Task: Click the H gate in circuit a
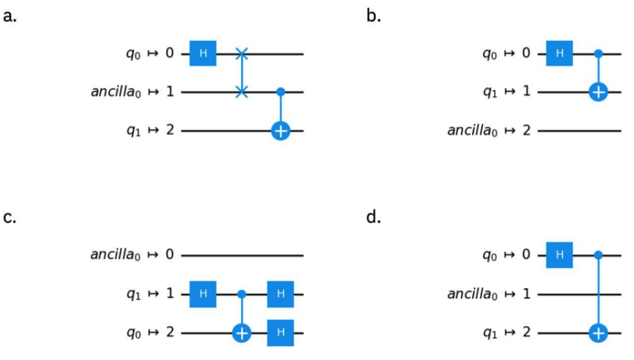tap(203, 54)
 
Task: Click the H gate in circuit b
tap(559, 54)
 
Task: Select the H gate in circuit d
tap(559, 255)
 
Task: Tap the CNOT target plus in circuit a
tap(280, 131)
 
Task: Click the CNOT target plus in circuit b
tap(599, 92)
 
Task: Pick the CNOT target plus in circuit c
tap(242, 333)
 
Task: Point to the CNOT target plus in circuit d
tap(599, 333)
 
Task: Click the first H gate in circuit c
tap(203, 295)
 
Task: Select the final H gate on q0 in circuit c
tap(280, 333)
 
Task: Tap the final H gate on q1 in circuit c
tap(280, 295)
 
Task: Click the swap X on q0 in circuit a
tap(242, 54)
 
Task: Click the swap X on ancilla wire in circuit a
tap(242, 92)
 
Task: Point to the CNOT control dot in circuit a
tap(280, 92)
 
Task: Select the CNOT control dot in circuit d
tap(599, 255)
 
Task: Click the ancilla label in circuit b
tap(472, 131)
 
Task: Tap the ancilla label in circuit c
tap(116, 255)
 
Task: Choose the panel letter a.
tap(10, 17)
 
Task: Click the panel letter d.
tap(374, 217)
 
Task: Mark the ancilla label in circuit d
tap(472, 295)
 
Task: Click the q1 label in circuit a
tap(134, 131)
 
